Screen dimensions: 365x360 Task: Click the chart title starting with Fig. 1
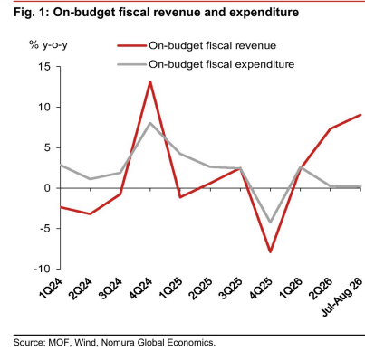(x=156, y=13)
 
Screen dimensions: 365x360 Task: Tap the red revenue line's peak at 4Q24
(x=150, y=81)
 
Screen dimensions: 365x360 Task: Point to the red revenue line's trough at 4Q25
(x=270, y=252)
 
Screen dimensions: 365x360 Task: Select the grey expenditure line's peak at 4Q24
(x=150, y=123)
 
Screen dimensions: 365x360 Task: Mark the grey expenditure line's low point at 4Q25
(x=270, y=223)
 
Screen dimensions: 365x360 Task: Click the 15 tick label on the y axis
(x=44, y=67)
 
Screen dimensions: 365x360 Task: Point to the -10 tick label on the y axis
(x=42, y=269)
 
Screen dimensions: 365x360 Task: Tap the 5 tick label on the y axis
(x=47, y=147)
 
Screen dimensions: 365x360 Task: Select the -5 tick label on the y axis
(x=44, y=228)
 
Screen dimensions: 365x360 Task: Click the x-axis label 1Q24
(x=51, y=288)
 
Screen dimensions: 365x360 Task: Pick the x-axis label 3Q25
(x=231, y=288)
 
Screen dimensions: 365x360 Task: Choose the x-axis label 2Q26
(x=321, y=288)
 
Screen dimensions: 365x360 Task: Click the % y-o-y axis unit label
(x=48, y=45)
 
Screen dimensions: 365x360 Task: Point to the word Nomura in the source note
(x=118, y=343)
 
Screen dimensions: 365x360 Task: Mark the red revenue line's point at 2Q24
(x=91, y=214)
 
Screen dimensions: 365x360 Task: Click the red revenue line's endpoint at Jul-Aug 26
(x=360, y=115)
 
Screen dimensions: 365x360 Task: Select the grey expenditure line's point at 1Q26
(x=301, y=167)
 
